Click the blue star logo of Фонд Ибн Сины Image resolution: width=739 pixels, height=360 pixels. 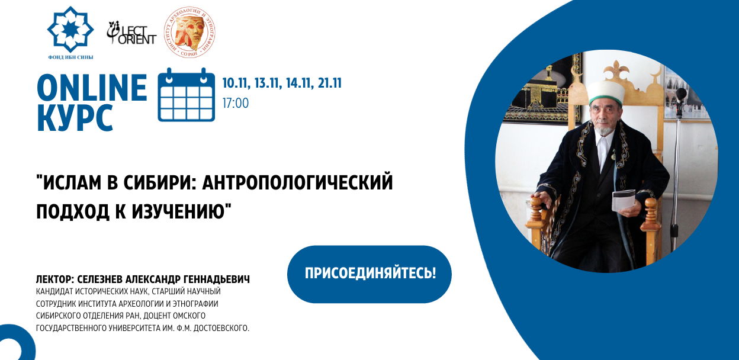(x=70, y=30)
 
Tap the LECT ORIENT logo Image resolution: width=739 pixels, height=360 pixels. (x=131, y=33)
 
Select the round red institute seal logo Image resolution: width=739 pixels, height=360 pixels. (x=189, y=32)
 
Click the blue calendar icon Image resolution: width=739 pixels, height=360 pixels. (x=187, y=95)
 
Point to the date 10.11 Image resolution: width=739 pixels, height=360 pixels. (x=234, y=83)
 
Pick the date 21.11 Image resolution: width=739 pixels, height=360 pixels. (x=330, y=83)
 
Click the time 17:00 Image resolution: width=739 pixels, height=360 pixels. (x=236, y=103)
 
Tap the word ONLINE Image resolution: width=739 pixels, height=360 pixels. (x=92, y=88)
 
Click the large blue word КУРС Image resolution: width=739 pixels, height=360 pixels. (x=76, y=118)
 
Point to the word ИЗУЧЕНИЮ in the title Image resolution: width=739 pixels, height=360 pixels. (x=178, y=211)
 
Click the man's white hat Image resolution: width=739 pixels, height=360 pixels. (x=606, y=93)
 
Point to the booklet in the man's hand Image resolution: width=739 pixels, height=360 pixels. (x=624, y=200)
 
